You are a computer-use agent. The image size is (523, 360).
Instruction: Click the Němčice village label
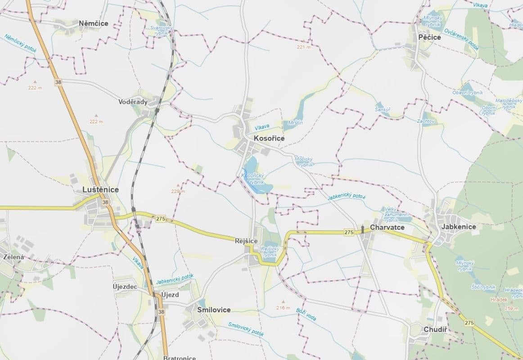point(93,23)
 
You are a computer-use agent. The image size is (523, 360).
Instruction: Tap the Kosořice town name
point(269,138)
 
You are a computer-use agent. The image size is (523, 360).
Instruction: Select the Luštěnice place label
point(101,189)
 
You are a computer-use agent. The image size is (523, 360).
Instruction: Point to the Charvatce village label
point(387,227)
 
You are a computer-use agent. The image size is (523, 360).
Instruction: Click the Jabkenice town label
point(459,227)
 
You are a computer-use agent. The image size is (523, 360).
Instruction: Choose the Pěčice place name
point(429,37)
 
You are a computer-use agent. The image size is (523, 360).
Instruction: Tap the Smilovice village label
point(214,310)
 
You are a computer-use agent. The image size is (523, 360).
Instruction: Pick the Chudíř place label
point(435,329)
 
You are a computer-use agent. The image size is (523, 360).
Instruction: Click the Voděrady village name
point(133,102)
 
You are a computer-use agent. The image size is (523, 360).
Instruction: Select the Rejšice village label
point(246,241)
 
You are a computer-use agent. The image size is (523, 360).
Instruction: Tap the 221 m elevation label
point(304,47)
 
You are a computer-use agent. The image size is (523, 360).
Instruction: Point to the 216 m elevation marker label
point(283,308)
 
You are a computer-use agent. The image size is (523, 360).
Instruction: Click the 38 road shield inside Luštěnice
point(105,202)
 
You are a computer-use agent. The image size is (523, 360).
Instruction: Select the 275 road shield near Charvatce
point(348,232)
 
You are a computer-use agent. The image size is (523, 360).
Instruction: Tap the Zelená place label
point(13,257)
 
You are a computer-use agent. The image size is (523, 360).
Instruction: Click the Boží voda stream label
point(306,314)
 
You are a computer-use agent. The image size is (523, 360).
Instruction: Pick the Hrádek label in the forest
point(499,299)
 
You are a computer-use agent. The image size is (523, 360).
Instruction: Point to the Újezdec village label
point(125,287)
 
